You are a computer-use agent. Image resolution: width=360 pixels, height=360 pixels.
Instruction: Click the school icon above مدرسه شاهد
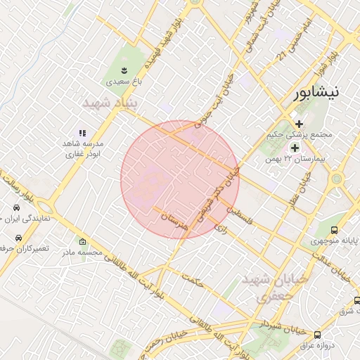(x=82, y=132)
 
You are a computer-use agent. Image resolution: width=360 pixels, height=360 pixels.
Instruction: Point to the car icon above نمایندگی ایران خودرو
(x=16, y=208)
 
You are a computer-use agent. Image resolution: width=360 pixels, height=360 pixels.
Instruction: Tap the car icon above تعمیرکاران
(x=16, y=239)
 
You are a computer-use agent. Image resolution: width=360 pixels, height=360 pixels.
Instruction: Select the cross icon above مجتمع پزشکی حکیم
(x=299, y=123)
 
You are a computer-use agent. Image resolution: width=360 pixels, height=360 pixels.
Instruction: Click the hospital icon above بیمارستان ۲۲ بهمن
(x=295, y=148)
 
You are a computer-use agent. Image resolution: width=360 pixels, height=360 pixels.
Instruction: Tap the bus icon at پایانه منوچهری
(x=334, y=230)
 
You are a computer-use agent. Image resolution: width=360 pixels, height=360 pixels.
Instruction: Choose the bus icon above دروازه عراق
(x=318, y=335)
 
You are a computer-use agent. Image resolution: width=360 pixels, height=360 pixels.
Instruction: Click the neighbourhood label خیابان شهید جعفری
(x=275, y=288)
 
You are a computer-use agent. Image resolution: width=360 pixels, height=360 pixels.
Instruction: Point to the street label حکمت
(x=191, y=280)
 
